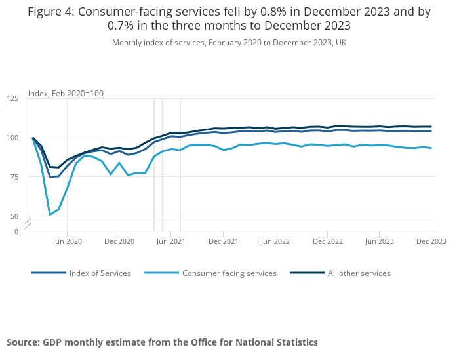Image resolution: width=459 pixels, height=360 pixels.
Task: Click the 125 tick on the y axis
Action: (12, 98)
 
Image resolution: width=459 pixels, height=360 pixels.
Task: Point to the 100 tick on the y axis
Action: (12, 138)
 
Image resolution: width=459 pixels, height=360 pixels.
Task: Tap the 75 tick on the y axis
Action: (14, 177)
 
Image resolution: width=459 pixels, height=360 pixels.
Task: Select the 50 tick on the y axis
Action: (14, 216)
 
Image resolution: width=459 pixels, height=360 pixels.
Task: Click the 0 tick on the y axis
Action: (16, 231)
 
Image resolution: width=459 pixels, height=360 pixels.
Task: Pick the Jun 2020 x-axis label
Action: (68, 241)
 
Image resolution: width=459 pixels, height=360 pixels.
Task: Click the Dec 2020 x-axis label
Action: (119, 241)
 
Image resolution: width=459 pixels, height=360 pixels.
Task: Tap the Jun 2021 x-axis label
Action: (170, 241)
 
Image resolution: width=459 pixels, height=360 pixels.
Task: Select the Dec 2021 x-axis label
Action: (223, 241)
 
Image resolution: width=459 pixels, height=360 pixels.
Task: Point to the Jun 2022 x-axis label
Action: (275, 241)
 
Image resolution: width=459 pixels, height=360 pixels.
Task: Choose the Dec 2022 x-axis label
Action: (327, 241)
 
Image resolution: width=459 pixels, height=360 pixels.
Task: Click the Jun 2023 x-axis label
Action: (379, 241)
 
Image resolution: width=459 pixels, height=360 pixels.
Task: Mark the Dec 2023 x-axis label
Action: (431, 241)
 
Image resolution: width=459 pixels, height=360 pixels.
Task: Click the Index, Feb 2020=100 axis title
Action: (66, 94)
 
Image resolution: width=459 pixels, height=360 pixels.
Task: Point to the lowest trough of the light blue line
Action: (50, 215)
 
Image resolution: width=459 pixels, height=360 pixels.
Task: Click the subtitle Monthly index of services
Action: (229, 43)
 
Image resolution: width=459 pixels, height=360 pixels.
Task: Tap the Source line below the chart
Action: (162, 342)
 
